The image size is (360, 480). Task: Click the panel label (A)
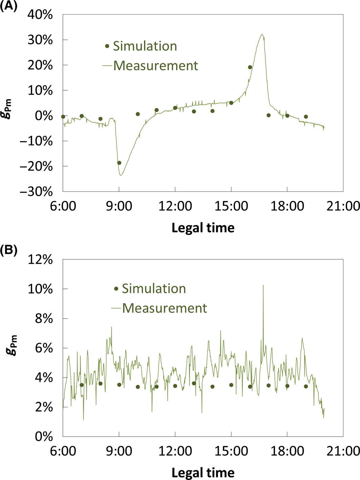pos(8,6)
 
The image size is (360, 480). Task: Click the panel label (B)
pos(8,251)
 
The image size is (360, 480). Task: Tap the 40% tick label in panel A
pos(40,15)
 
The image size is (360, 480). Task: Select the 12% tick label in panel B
pos(40,259)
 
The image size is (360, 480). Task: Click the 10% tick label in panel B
pos(40,289)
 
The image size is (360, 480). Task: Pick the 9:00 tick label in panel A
pos(119,206)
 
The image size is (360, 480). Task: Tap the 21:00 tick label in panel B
pos(343,451)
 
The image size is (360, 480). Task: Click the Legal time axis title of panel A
pos(203,228)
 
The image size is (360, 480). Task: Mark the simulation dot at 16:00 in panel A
pos(250,67)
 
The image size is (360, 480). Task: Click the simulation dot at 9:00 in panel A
pos(119,163)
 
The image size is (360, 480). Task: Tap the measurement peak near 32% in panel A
pos(262,35)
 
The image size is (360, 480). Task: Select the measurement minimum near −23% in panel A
pos(120,175)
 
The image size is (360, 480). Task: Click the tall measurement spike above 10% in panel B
pos(263,285)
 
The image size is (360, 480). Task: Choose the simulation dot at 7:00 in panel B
pos(82,385)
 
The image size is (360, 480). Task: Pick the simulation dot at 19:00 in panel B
pos(306,386)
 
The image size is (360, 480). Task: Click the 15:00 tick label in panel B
pos(231,451)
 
